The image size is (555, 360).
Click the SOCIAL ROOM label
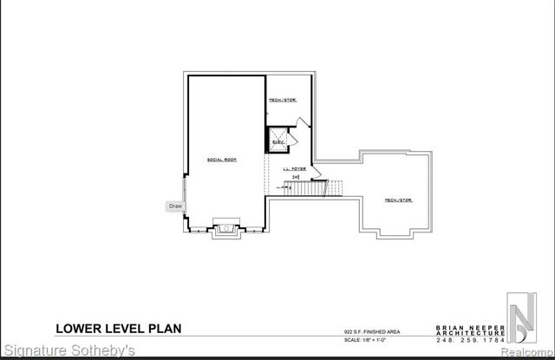(222, 160)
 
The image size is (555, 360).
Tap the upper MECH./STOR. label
(283, 101)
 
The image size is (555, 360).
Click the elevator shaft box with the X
(277, 141)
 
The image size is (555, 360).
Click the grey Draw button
(175, 206)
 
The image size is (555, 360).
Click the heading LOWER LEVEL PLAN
(119, 328)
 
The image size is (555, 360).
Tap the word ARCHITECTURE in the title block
(469, 333)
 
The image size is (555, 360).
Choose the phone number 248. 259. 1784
(469, 339)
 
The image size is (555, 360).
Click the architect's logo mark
(522, 320)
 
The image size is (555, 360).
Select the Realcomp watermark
(524, 351)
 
